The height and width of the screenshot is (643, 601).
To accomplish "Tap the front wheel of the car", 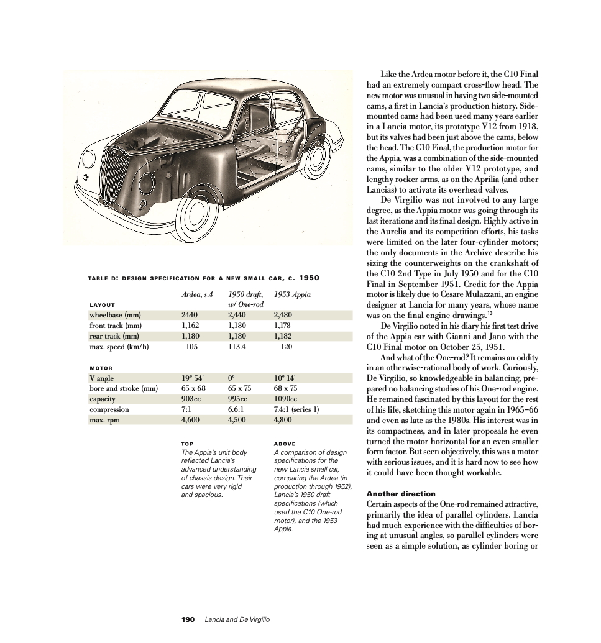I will [x=196, y=215].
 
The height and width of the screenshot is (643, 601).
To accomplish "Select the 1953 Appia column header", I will [x=292, y=294].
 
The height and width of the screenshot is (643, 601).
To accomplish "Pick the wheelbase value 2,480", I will [x=283, y=315].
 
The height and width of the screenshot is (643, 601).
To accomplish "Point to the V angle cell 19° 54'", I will [x=193, y=378].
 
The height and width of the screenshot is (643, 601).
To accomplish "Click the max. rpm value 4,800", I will [x=283, y=421].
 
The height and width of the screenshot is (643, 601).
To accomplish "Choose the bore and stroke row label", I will [x=124, y=389].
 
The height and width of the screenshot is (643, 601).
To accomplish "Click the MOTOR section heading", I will [x=101, y=368].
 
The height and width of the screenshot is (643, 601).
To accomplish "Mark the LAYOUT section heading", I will [x=103, y=305].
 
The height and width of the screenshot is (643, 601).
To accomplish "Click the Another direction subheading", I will [x=401, y=494].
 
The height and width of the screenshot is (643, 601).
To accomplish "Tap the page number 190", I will [x=188, y=619].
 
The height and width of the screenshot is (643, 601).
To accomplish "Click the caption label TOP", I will [x=186, y=444].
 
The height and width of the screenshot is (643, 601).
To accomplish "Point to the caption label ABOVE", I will [x=285, y=444].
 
